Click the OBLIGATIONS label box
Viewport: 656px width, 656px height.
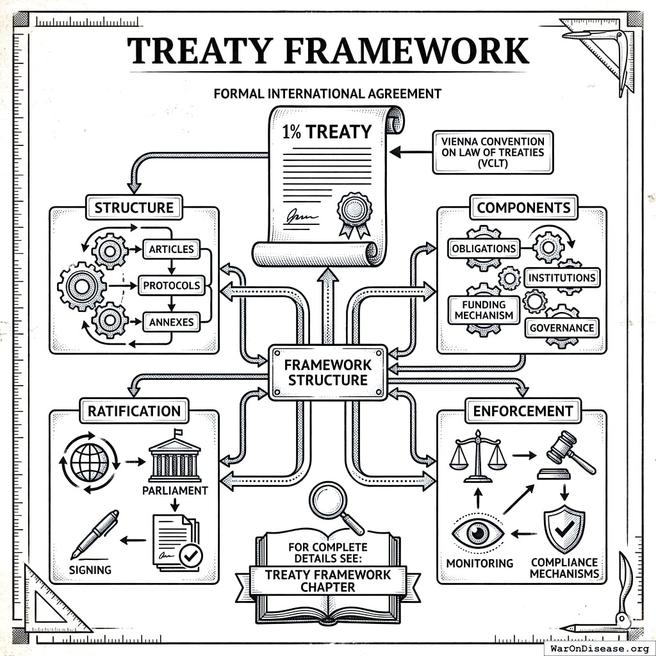click(x=483, y=248)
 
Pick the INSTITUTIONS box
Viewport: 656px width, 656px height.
click(x=561, y=277)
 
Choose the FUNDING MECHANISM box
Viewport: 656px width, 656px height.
click(x=484, y=310)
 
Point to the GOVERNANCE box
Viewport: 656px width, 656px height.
click(x=561, y=327)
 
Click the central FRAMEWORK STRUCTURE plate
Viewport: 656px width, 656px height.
click(x=327, y=372)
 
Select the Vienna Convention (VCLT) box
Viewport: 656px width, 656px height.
click(x=493, y=152)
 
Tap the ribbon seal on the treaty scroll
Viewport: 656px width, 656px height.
click(x=354, y=211)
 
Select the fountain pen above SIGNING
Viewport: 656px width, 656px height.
click(x=94, y=534)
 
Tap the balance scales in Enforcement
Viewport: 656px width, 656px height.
click(x=477, y=455)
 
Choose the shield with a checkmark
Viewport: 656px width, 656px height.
click(x=563, y=529)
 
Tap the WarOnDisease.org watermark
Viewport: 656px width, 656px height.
click(x=599, y=648)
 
